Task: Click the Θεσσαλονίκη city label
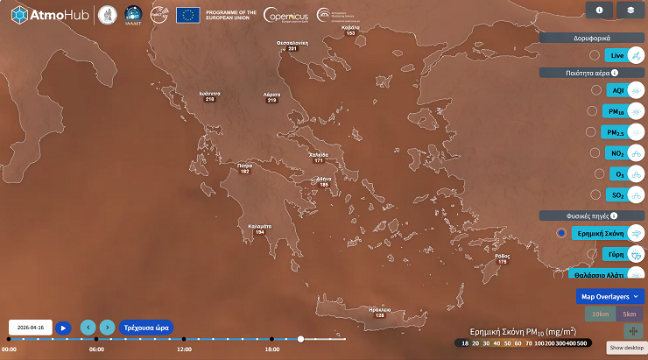click(292, 45)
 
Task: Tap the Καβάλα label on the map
click(350, 30)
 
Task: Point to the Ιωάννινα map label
click(209, 96)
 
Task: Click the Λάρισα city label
click(271, 96)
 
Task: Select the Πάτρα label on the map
click(244, 167)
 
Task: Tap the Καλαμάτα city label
click(259, 229)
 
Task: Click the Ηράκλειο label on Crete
click(379, 312)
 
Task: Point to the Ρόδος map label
click(502, 258)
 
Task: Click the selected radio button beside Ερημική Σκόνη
click(561, 233)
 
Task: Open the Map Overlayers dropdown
click(610, 297)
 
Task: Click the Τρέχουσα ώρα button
click(146, 328)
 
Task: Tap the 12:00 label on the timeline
click(184, 349)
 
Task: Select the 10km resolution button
click(599, 314)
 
